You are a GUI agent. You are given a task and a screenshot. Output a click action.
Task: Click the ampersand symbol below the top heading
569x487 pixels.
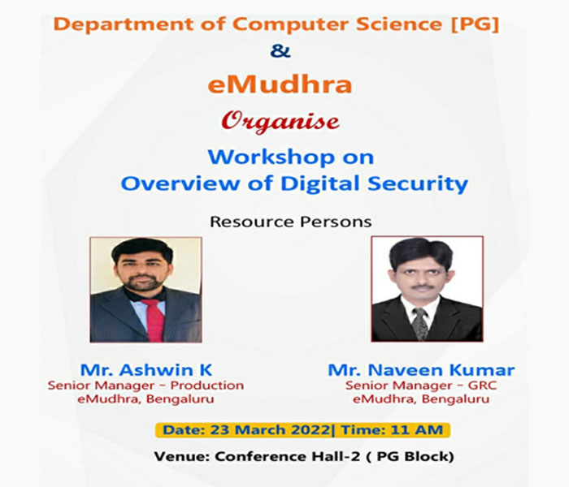coord(280,50)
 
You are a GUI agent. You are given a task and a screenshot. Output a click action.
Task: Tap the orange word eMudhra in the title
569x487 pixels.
coord(280,85)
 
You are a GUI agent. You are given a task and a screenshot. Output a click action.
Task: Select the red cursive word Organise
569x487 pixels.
coord(280,123)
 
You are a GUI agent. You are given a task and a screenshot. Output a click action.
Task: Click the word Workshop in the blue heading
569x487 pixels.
coord(271,157)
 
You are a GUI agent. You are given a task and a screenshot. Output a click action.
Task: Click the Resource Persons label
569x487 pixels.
coord(291,222)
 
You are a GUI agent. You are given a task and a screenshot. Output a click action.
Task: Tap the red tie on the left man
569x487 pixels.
coord(154,320)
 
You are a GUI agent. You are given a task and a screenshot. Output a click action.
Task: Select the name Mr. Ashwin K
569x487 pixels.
coord(146,370)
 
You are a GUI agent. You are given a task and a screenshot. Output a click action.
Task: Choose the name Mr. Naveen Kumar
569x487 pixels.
coord(421,370)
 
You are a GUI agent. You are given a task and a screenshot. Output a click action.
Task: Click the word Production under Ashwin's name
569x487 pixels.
coord(206,386)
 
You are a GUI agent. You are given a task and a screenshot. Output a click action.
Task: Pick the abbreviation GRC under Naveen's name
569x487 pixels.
coord(482,386)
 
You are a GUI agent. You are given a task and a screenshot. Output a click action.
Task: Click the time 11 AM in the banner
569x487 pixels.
coord(416,430)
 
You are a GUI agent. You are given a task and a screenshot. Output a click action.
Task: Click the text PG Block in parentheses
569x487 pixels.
coord(413,456)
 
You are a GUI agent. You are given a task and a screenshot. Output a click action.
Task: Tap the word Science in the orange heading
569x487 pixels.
coord(398,24)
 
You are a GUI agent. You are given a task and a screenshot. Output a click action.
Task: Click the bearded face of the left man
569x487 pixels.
coord(142,270)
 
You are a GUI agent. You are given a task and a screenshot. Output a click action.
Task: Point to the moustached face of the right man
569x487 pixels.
coord(421,274)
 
